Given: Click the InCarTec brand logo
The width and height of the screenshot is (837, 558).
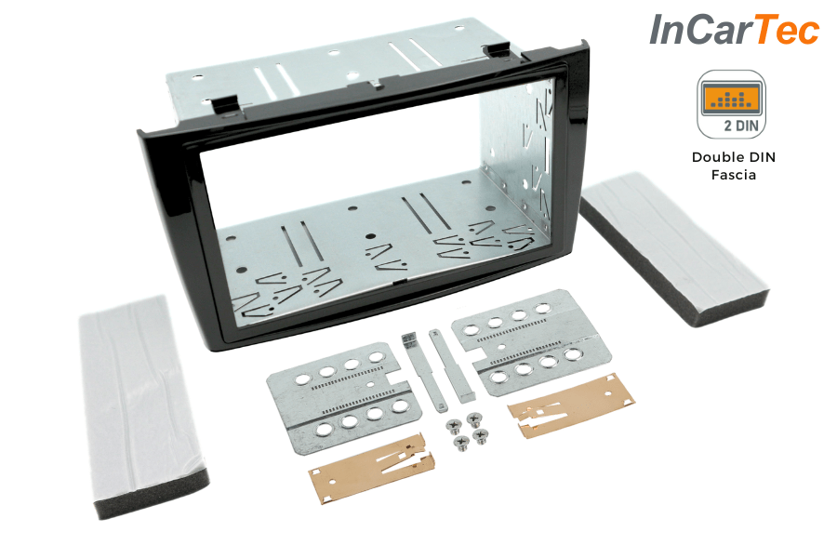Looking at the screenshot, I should [734, 31].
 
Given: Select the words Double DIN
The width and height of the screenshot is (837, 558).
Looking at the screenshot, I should [733, 156].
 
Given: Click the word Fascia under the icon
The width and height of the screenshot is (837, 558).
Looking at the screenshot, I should [733, 174].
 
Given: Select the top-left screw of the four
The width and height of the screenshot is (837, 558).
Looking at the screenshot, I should [453, 424].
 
